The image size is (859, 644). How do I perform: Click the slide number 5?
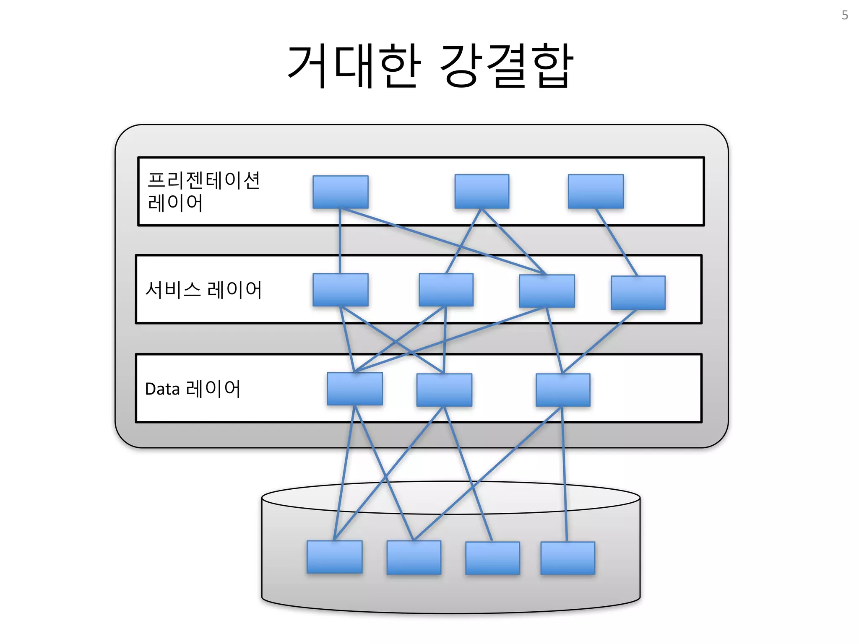point(845,16)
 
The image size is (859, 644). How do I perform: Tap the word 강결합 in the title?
point(507,66)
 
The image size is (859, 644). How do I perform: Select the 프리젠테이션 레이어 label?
point(203,192)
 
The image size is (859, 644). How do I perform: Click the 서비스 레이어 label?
point(203,290)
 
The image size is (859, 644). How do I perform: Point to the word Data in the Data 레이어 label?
point(162,389)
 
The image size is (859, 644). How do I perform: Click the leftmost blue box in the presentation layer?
point(341,192)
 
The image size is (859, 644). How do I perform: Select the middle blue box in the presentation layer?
point(482,191)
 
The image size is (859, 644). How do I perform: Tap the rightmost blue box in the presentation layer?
point(596,191)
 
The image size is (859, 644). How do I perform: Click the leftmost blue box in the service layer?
point(341,290)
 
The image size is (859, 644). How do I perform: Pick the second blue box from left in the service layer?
point(446,290)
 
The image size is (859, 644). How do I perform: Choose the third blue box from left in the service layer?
point(547,291)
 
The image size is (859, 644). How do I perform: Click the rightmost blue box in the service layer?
point(638,293)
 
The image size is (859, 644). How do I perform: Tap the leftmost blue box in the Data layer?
point(355,389)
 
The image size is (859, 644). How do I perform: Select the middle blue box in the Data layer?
point(444,390)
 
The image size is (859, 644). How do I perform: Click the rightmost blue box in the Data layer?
point(563,390)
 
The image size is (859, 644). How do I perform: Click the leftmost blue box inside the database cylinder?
point(334,557)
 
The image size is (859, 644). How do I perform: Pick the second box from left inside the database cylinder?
point(414,557)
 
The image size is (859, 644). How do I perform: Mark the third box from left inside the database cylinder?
point(492,558)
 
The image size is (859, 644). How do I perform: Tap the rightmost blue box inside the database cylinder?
point(567,558)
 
